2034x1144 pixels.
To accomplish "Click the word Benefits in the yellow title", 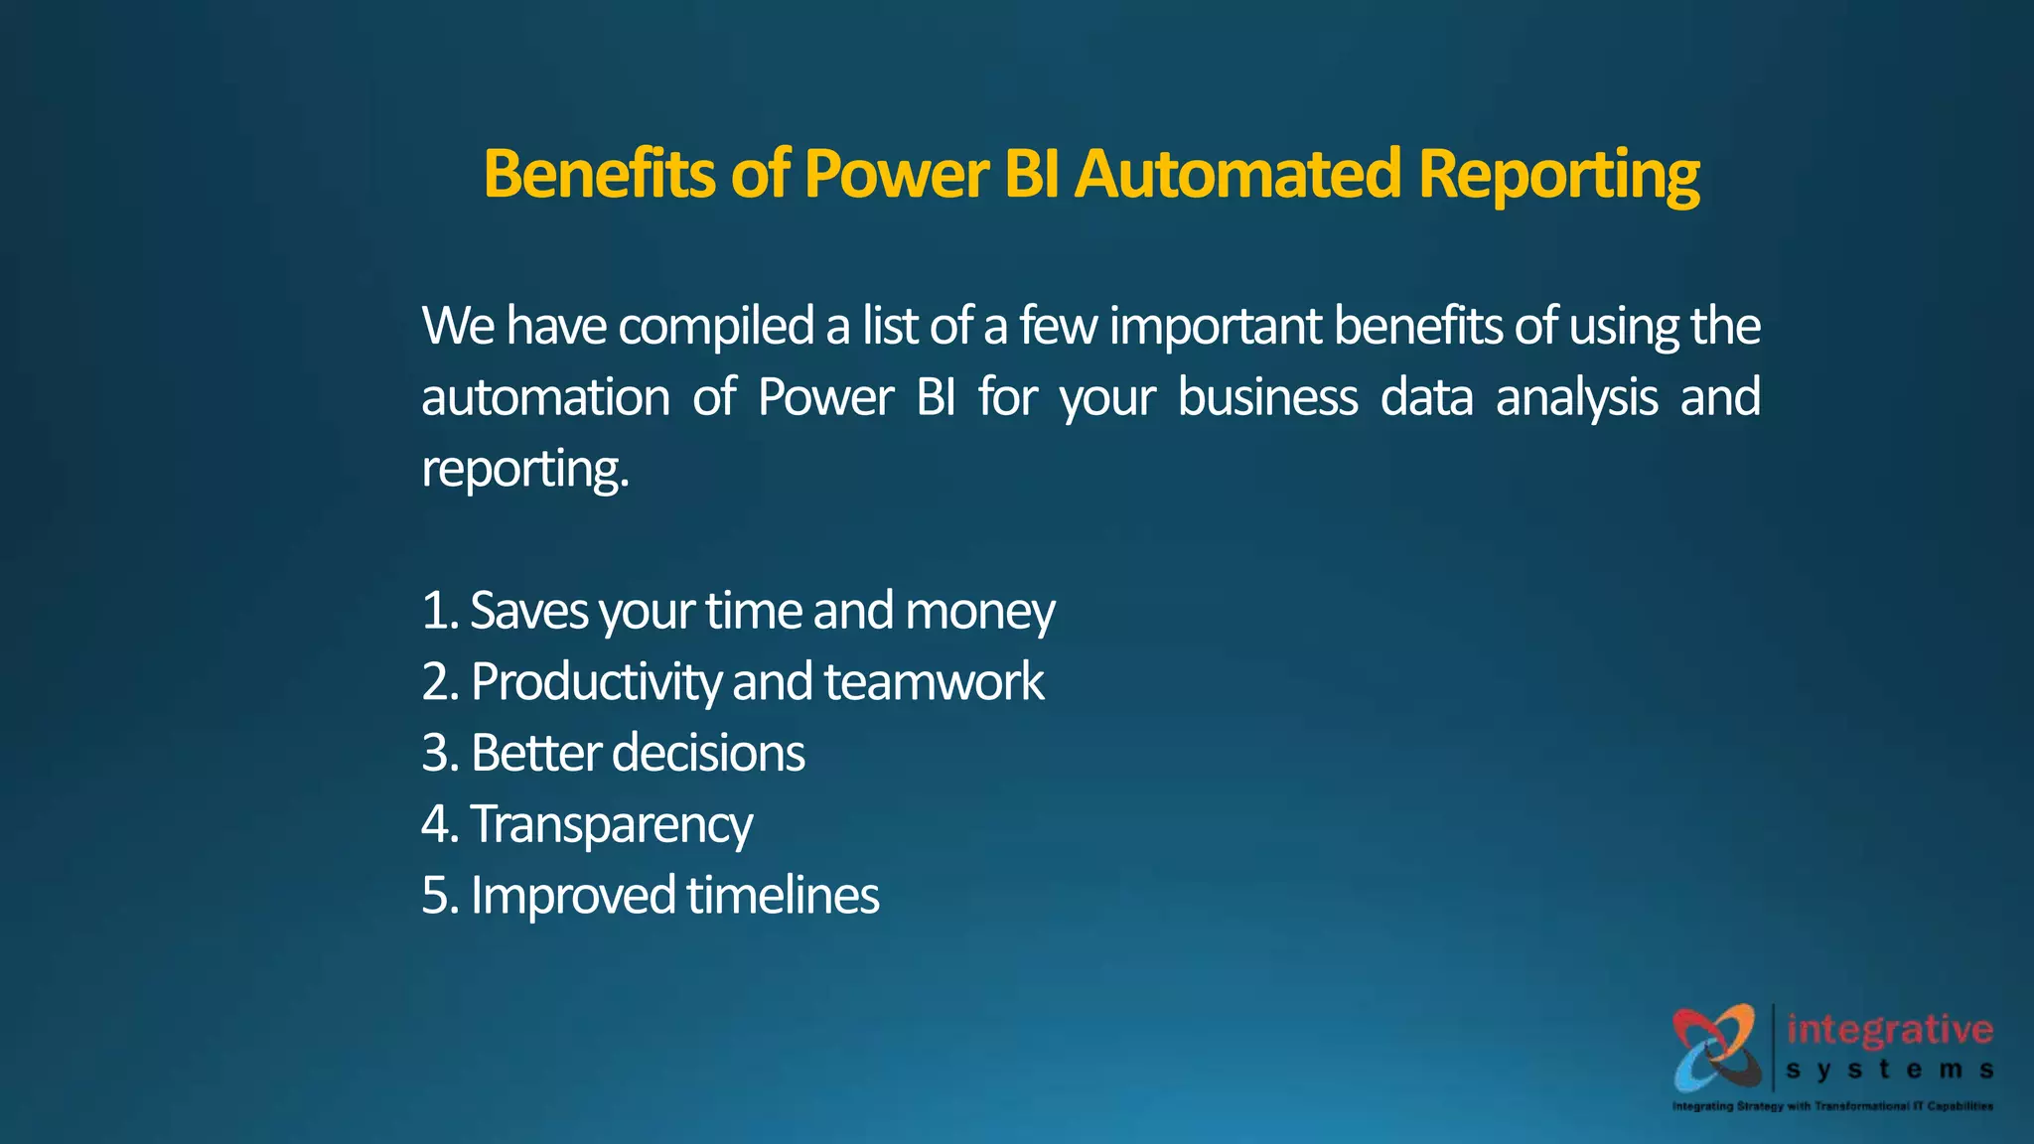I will tap(599, 175).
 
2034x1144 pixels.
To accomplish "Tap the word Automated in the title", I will tap(1238, 175).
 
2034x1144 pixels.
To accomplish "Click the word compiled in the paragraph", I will tap(716, 327).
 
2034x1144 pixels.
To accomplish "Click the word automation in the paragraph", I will tap(545, 397).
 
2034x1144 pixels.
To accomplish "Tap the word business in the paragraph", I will tap(1267, 397).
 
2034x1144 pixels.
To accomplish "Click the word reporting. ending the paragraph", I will tap(525, 470).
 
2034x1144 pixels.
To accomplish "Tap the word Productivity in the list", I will tap(596, 683).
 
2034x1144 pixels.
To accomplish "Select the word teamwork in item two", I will tap(934, 682).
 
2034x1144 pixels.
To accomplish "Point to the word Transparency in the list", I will tap(611, 825).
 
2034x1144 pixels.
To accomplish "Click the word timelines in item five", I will tap(783, 895).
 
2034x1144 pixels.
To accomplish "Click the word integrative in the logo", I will tap(1889, 1030).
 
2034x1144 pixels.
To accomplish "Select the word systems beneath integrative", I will tap(1889, 1071).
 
